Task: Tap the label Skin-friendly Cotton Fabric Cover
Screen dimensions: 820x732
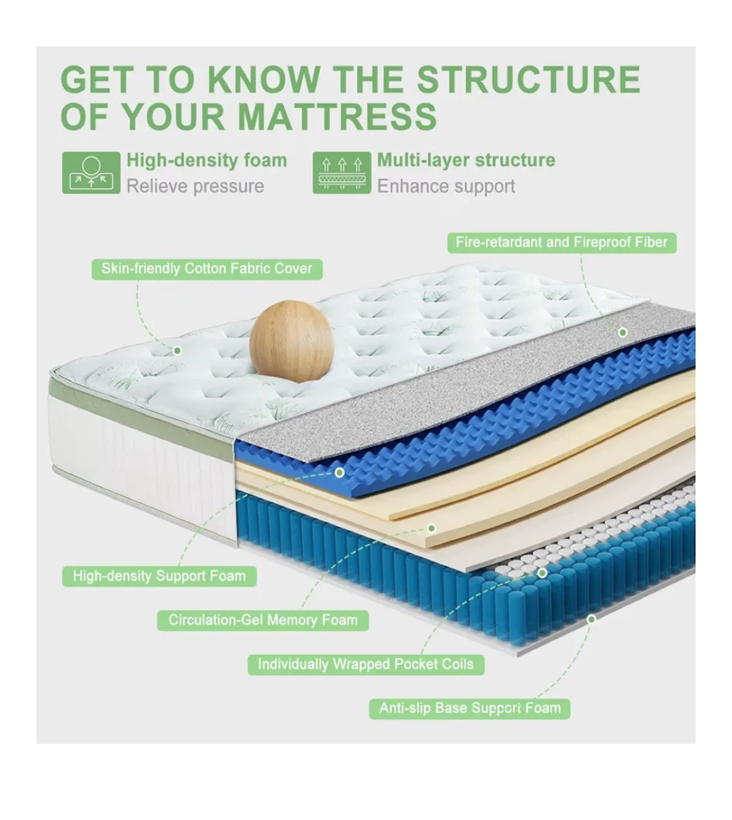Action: [207, 269]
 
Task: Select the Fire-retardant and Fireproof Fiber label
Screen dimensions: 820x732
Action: [561, 243]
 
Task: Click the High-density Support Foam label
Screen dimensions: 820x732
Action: [159, 576]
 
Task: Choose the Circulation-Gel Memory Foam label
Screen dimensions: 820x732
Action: [263, 620]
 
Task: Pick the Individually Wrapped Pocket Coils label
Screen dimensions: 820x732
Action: [365, 664]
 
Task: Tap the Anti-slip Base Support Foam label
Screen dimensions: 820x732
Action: [470, 708]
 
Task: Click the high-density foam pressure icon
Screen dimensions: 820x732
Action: [91, 173]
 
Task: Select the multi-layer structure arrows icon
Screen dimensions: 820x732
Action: [342, 173]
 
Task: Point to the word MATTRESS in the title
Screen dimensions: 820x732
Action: [337, 117]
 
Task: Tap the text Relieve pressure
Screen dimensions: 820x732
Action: [195, 186]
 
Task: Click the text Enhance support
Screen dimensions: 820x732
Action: [446, 186]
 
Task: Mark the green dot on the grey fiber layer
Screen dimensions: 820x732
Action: [623, 332]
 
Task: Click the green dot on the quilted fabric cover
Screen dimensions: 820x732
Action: [177, 350]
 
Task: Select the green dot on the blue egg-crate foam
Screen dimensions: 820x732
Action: [340, 472]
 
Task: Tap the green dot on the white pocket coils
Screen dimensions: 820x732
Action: [542, 573]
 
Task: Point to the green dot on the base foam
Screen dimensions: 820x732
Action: [591, 619]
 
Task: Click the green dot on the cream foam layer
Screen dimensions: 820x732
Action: [431, 528]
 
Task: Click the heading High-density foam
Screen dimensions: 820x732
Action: [207, 160]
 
